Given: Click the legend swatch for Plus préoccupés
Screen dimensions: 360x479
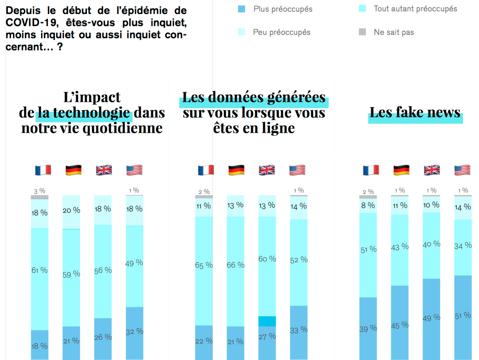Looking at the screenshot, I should pyautogui.click(x=242, y=9).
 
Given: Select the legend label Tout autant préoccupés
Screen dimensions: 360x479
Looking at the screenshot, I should pyautogui.click(x=415, y=9).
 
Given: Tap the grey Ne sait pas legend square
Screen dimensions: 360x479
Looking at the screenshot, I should pyautogui.click(x=362, y=32).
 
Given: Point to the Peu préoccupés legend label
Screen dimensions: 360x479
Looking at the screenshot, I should pyautogui.click(x=282, y=32).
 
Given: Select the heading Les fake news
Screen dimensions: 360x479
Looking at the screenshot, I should pyautogui.click(x=415, y=113).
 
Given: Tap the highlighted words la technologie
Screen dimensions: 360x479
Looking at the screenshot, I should pyautogui.click(x=84, y=113).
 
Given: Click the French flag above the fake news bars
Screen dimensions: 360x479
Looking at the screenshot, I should pyautogui.click(x=371, y=170).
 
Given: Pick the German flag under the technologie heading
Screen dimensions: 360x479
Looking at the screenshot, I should pyautogui.click(x=73, y=170).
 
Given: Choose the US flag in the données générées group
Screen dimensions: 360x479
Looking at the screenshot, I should pyautogui.click(x=297, y=170).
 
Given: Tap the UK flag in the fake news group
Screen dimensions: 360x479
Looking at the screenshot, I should pyautogui.click(x=432, y=170).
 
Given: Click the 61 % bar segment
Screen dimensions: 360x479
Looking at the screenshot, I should pyautogui.click(x=40, y=279).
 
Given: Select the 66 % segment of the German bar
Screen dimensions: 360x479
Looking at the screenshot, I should pyautogui.click(x=235, y=271).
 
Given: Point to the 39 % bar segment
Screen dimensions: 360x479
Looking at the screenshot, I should pyautogui.click(x=368, y=328).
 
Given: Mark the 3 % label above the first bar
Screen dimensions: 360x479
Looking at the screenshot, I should pyautogui.click(x=40, y=191).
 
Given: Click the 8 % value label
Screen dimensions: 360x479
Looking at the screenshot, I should pyautogui.click(x=368, y=205).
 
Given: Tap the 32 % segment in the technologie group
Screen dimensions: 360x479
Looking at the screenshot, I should pyautogui.click(x=135, y=333).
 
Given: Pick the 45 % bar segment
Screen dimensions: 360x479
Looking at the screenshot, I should pyautogui.click(x=400, y=323).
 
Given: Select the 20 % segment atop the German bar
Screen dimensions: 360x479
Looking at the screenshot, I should pyautogui.click(x=71, y=212).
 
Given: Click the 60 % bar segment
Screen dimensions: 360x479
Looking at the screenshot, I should pyautogui.click(x=267, y=266).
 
